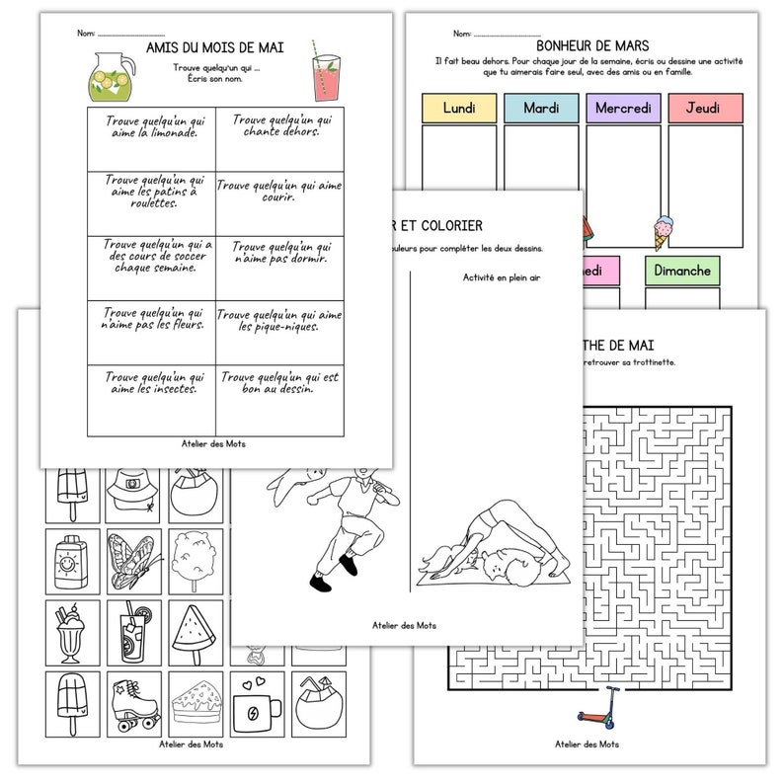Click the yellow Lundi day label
pyautogui.click(x=458, y=108)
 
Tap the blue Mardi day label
pyautogui.click(x=541, y=108)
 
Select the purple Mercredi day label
pyautogui.click(x=624, y=108)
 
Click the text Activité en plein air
pyautogui.click(x=502, y=277)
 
